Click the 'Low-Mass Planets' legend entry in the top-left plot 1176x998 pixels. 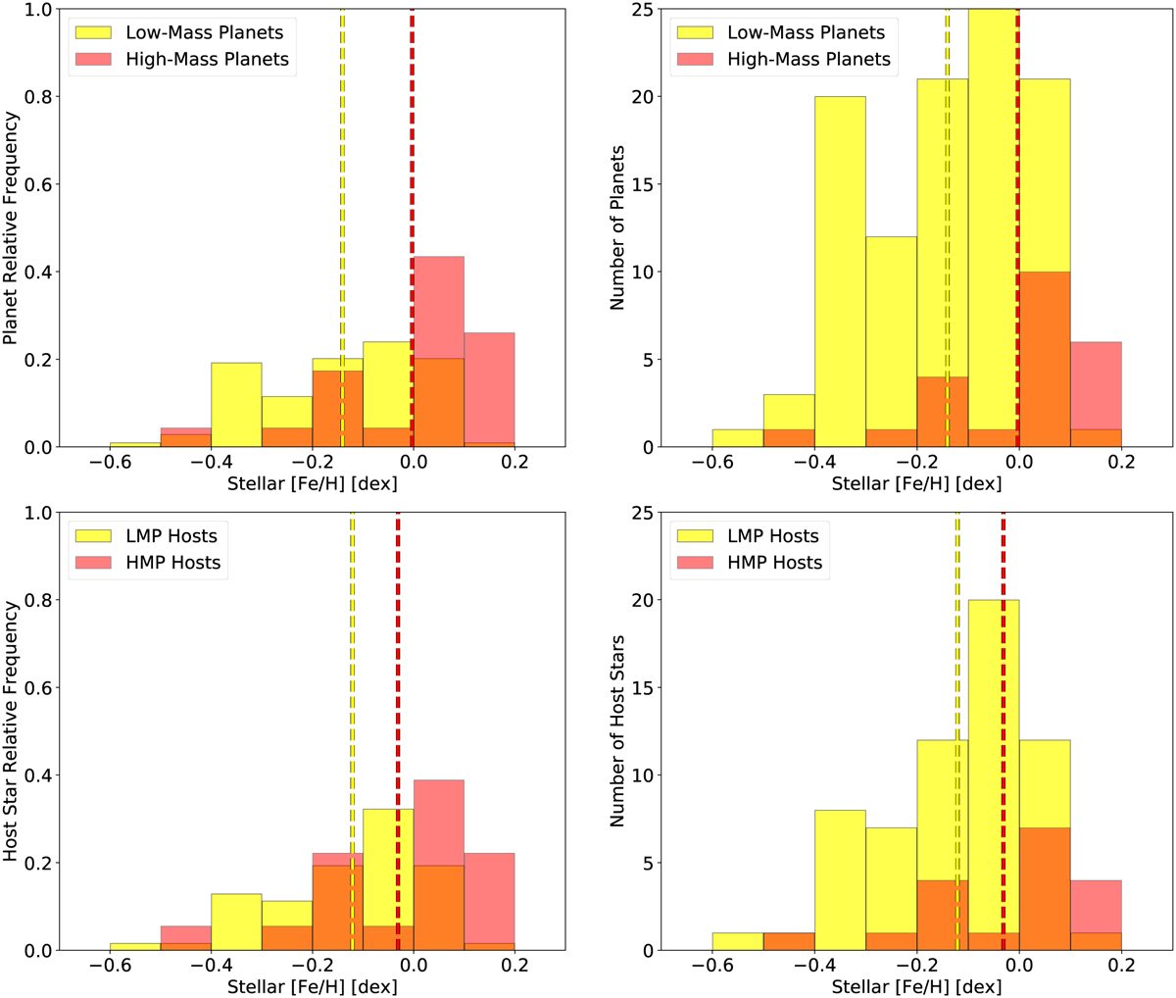(204, 32)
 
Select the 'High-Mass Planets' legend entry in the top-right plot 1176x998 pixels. (808, 59)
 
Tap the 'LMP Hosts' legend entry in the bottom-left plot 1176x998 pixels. (171, 536)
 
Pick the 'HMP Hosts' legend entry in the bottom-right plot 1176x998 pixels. (774, 563)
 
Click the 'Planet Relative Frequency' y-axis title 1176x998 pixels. (11, 227)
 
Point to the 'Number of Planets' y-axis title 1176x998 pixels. (617, 227)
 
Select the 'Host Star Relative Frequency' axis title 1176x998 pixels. (11, 731)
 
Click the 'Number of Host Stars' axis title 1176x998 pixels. (617, 731)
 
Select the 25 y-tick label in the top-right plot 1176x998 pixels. (643, 10)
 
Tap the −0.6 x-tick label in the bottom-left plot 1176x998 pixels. (110, 966)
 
